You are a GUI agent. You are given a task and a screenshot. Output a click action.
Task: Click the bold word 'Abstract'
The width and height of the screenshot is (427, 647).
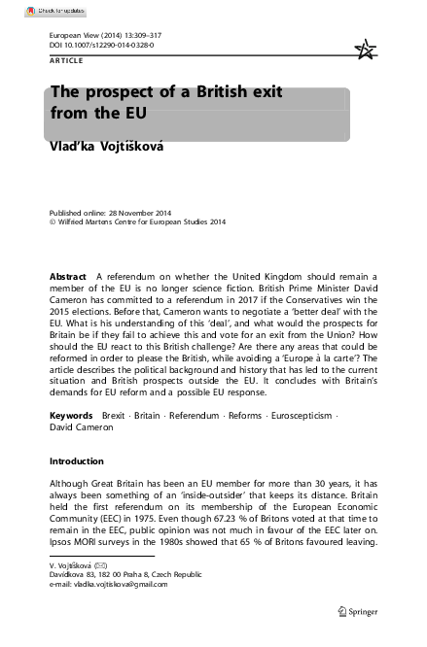[69, 276]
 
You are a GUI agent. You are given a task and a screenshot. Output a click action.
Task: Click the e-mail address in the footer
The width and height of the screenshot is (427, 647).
[108, 584]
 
